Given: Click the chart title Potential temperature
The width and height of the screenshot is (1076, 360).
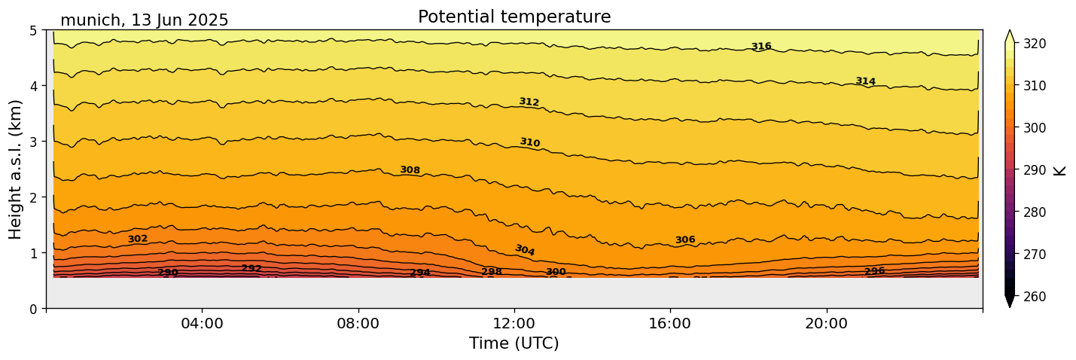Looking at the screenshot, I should [514, 17].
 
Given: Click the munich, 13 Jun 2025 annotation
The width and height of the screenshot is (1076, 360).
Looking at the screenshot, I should [144, 20].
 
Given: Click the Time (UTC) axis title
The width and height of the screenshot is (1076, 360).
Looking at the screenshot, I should [514, 343].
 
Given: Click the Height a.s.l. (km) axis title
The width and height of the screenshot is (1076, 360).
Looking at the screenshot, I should [16, 169].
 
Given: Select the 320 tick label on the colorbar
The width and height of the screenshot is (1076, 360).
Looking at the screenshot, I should [1034, 44].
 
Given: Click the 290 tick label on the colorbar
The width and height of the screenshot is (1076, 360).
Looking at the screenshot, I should [1034, 170].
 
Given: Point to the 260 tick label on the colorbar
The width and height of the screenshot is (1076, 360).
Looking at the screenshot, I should [1034, 297].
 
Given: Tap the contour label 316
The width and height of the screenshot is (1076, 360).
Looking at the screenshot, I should [761, 47].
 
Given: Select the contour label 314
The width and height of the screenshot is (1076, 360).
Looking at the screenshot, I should [865, 81].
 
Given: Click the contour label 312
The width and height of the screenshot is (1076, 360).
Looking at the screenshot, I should [529, 102].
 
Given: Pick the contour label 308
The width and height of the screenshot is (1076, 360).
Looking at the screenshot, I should [410, 170].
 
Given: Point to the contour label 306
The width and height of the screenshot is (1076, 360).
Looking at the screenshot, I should [685, 240].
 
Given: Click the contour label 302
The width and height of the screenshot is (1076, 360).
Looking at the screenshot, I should [138, 239].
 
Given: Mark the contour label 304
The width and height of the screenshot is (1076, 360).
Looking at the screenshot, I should [525, 250].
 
